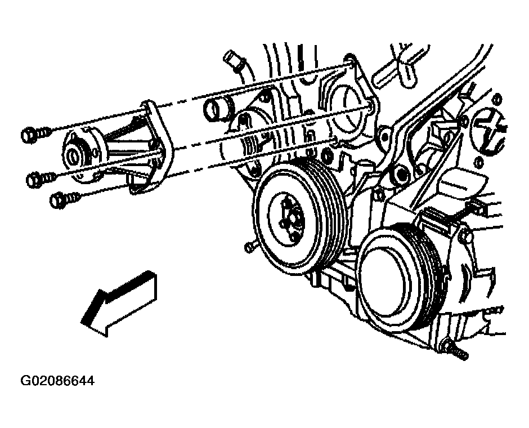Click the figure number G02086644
coord(58,381)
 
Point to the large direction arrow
coord(118,303)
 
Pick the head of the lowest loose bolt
coord(57,200)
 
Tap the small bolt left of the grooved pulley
coord(249,247)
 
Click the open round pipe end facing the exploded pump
coord(211,109)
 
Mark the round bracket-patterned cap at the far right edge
coord(491,130)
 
